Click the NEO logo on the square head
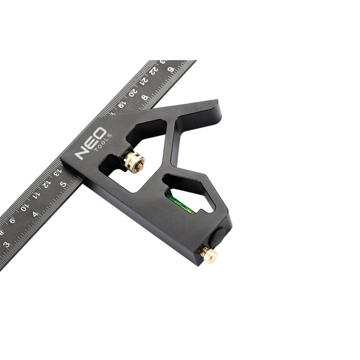90,143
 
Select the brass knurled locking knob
134,162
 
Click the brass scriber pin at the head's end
209,255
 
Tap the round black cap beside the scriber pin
219,236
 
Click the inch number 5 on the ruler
63,184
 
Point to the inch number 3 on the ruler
6,244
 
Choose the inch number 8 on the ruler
145,98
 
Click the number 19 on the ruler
122,103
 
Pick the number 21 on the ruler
144,80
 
